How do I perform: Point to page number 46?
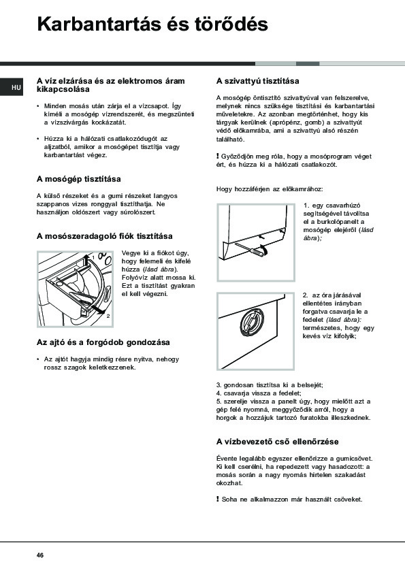[40, 555]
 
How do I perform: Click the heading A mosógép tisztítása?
[78, 179]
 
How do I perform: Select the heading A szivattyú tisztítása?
[258, 81]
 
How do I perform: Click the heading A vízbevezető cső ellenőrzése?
[278, 442]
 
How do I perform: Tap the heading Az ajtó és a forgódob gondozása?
[103, 342]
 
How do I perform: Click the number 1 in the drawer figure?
[93, 258]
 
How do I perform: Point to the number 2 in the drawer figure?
[108, 316]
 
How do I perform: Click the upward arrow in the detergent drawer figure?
[86, 263]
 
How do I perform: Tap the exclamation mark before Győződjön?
[218, 157]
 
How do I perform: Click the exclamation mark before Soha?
[218, 500]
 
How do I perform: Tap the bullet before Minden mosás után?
[38, 106]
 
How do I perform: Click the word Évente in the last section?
[226, 458]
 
